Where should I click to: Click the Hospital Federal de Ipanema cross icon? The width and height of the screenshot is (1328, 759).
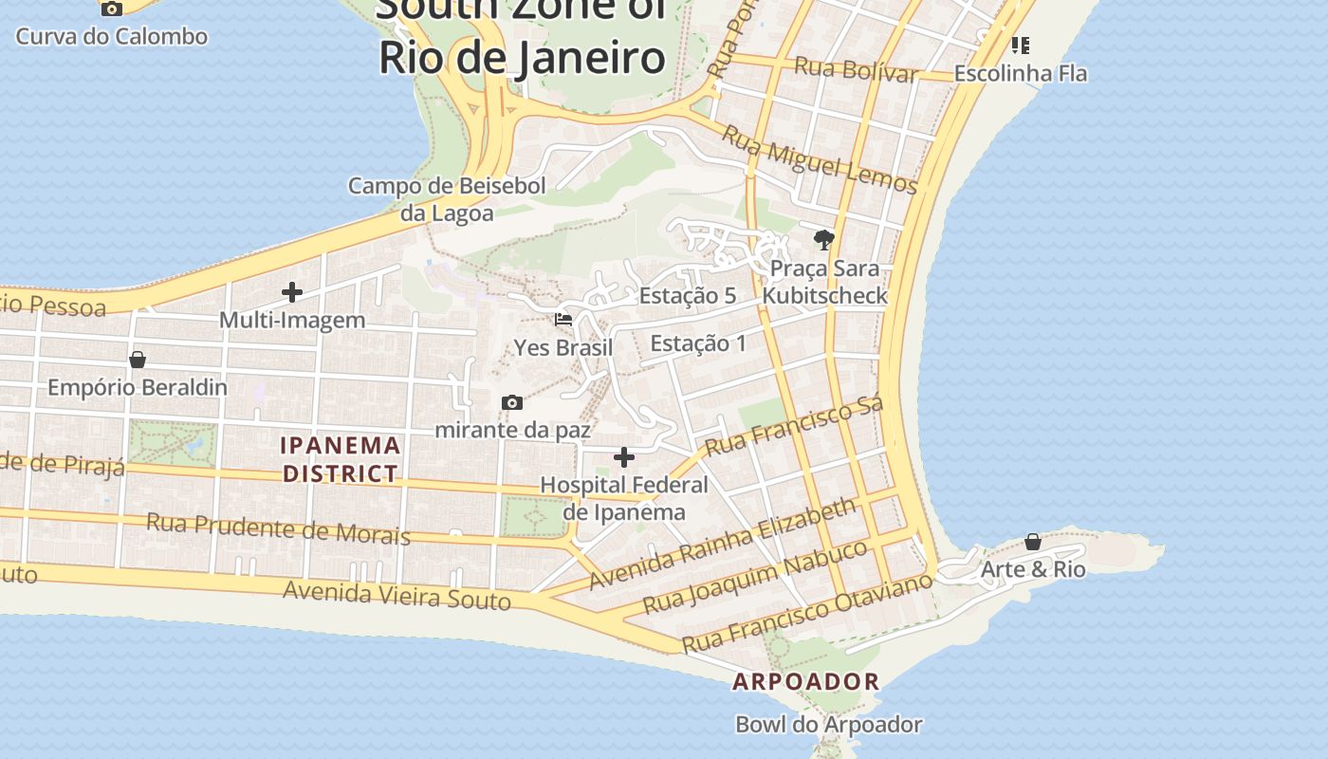624,458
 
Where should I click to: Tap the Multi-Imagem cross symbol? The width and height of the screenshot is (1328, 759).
292,292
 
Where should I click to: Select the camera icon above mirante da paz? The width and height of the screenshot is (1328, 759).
512,403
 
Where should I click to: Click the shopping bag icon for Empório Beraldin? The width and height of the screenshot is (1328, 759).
138,360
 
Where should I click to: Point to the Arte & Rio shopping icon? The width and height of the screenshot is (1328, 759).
1033,542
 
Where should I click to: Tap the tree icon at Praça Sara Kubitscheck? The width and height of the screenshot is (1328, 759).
823,240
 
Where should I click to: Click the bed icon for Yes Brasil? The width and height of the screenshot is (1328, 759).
563,320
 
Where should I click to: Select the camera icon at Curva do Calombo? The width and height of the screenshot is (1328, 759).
112,9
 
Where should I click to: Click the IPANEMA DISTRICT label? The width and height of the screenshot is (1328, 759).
341,459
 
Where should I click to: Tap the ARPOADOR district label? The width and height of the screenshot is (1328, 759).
806,681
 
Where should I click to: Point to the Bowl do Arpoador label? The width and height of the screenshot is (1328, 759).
829,725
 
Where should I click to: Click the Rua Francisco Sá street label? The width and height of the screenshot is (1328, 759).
795,425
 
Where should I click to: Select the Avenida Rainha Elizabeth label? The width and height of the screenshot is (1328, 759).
722,545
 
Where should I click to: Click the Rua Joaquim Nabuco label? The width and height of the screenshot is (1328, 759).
755,577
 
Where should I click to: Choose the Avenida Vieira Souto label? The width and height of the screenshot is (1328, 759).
397,596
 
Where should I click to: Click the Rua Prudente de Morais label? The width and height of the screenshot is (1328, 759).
278,528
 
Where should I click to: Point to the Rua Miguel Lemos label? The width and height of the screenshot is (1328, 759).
820,158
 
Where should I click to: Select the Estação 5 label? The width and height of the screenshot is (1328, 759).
688,295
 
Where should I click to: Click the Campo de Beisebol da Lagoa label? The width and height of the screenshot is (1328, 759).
447,199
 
